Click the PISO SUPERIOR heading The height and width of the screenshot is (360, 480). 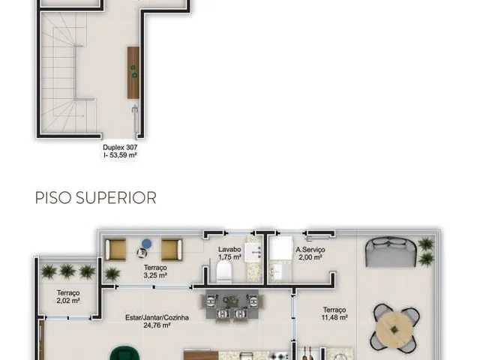[96, 198]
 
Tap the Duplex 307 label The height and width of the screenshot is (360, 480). [120, 147]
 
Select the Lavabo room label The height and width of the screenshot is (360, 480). [229, 250]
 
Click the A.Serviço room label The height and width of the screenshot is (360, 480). [310, 250]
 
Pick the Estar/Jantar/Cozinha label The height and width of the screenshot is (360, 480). [157, 317]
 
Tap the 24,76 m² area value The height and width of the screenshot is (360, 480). [157, 325]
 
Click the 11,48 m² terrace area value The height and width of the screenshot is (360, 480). [334, 317]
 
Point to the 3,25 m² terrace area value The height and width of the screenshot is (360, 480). [155, 275]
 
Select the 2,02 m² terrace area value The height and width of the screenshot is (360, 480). [68, 301]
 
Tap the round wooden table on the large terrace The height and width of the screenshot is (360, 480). [394, 329]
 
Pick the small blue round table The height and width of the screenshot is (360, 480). [147, 244]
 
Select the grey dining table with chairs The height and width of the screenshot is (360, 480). [232, 305]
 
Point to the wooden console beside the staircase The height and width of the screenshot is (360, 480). [133, 73]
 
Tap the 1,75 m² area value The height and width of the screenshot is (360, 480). [229, 257]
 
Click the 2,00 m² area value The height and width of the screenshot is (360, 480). [310, 257]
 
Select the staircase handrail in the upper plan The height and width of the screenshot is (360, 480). [75, 73]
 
